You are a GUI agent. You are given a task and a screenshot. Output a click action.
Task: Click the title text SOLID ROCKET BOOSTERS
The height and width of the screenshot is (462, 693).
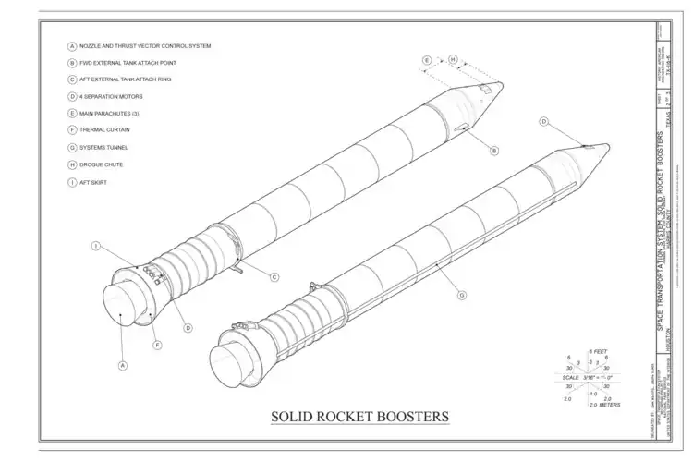pyautogui.click(x=359, y=416)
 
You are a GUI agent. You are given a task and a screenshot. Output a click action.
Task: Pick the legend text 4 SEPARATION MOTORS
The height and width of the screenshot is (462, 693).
pyautogui.click(x=111, y=96)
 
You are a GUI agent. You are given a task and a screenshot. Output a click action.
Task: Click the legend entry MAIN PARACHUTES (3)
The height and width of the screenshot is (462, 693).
pyautogui.click(x=110, y=114)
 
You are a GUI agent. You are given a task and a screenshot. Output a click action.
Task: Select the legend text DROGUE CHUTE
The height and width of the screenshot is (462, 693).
pyautogui.click(x=101, y=164)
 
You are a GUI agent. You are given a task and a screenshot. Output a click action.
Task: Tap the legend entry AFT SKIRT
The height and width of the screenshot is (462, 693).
pyautogui.click(x=92, y=182)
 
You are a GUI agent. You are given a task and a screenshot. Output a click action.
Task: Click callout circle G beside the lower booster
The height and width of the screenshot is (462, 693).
pyautogui.click(x=461, y=296)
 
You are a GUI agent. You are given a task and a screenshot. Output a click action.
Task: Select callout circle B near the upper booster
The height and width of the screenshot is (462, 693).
pyautogui.click(x=494, y=151)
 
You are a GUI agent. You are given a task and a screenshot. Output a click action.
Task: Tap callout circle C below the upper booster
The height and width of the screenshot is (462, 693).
pyautogui.click(x=274, y=277)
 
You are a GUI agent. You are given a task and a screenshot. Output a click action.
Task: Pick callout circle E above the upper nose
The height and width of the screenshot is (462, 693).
pyautogui.click(x=427, y=61)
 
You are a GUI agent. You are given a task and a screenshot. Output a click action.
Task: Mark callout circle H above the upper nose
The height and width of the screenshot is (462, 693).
pyautogui.click(x=453, y=61)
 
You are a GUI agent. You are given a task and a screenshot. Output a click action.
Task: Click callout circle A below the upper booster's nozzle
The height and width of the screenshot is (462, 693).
pyautogui.click(x=121, y=364)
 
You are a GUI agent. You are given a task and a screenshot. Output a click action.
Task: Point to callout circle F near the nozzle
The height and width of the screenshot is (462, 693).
pyautogui.click(x=157, y=345)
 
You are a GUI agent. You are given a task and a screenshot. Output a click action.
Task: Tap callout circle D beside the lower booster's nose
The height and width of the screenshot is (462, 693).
pyautogui.click(x=544, y=121)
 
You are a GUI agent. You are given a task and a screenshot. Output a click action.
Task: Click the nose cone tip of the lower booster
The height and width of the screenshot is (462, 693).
pyautogui.click(x=606, y=145)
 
